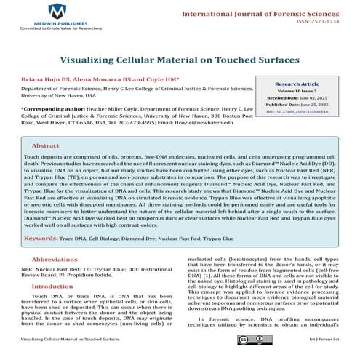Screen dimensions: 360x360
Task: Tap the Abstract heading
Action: [x=45, y=145]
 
